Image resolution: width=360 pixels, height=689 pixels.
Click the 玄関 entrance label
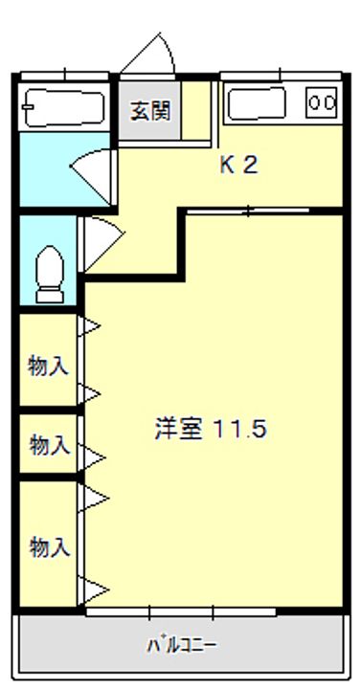150,110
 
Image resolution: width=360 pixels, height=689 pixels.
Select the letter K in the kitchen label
228,165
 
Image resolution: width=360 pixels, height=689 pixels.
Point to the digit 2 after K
250,165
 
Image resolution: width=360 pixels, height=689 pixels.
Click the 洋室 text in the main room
179,428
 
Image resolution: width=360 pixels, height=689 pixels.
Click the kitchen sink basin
256,102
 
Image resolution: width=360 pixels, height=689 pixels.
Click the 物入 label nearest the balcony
49,547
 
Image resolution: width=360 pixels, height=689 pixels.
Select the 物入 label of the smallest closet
49,444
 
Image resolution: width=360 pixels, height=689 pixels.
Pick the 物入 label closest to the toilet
49,365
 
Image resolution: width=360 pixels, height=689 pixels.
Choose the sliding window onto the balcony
181,610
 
